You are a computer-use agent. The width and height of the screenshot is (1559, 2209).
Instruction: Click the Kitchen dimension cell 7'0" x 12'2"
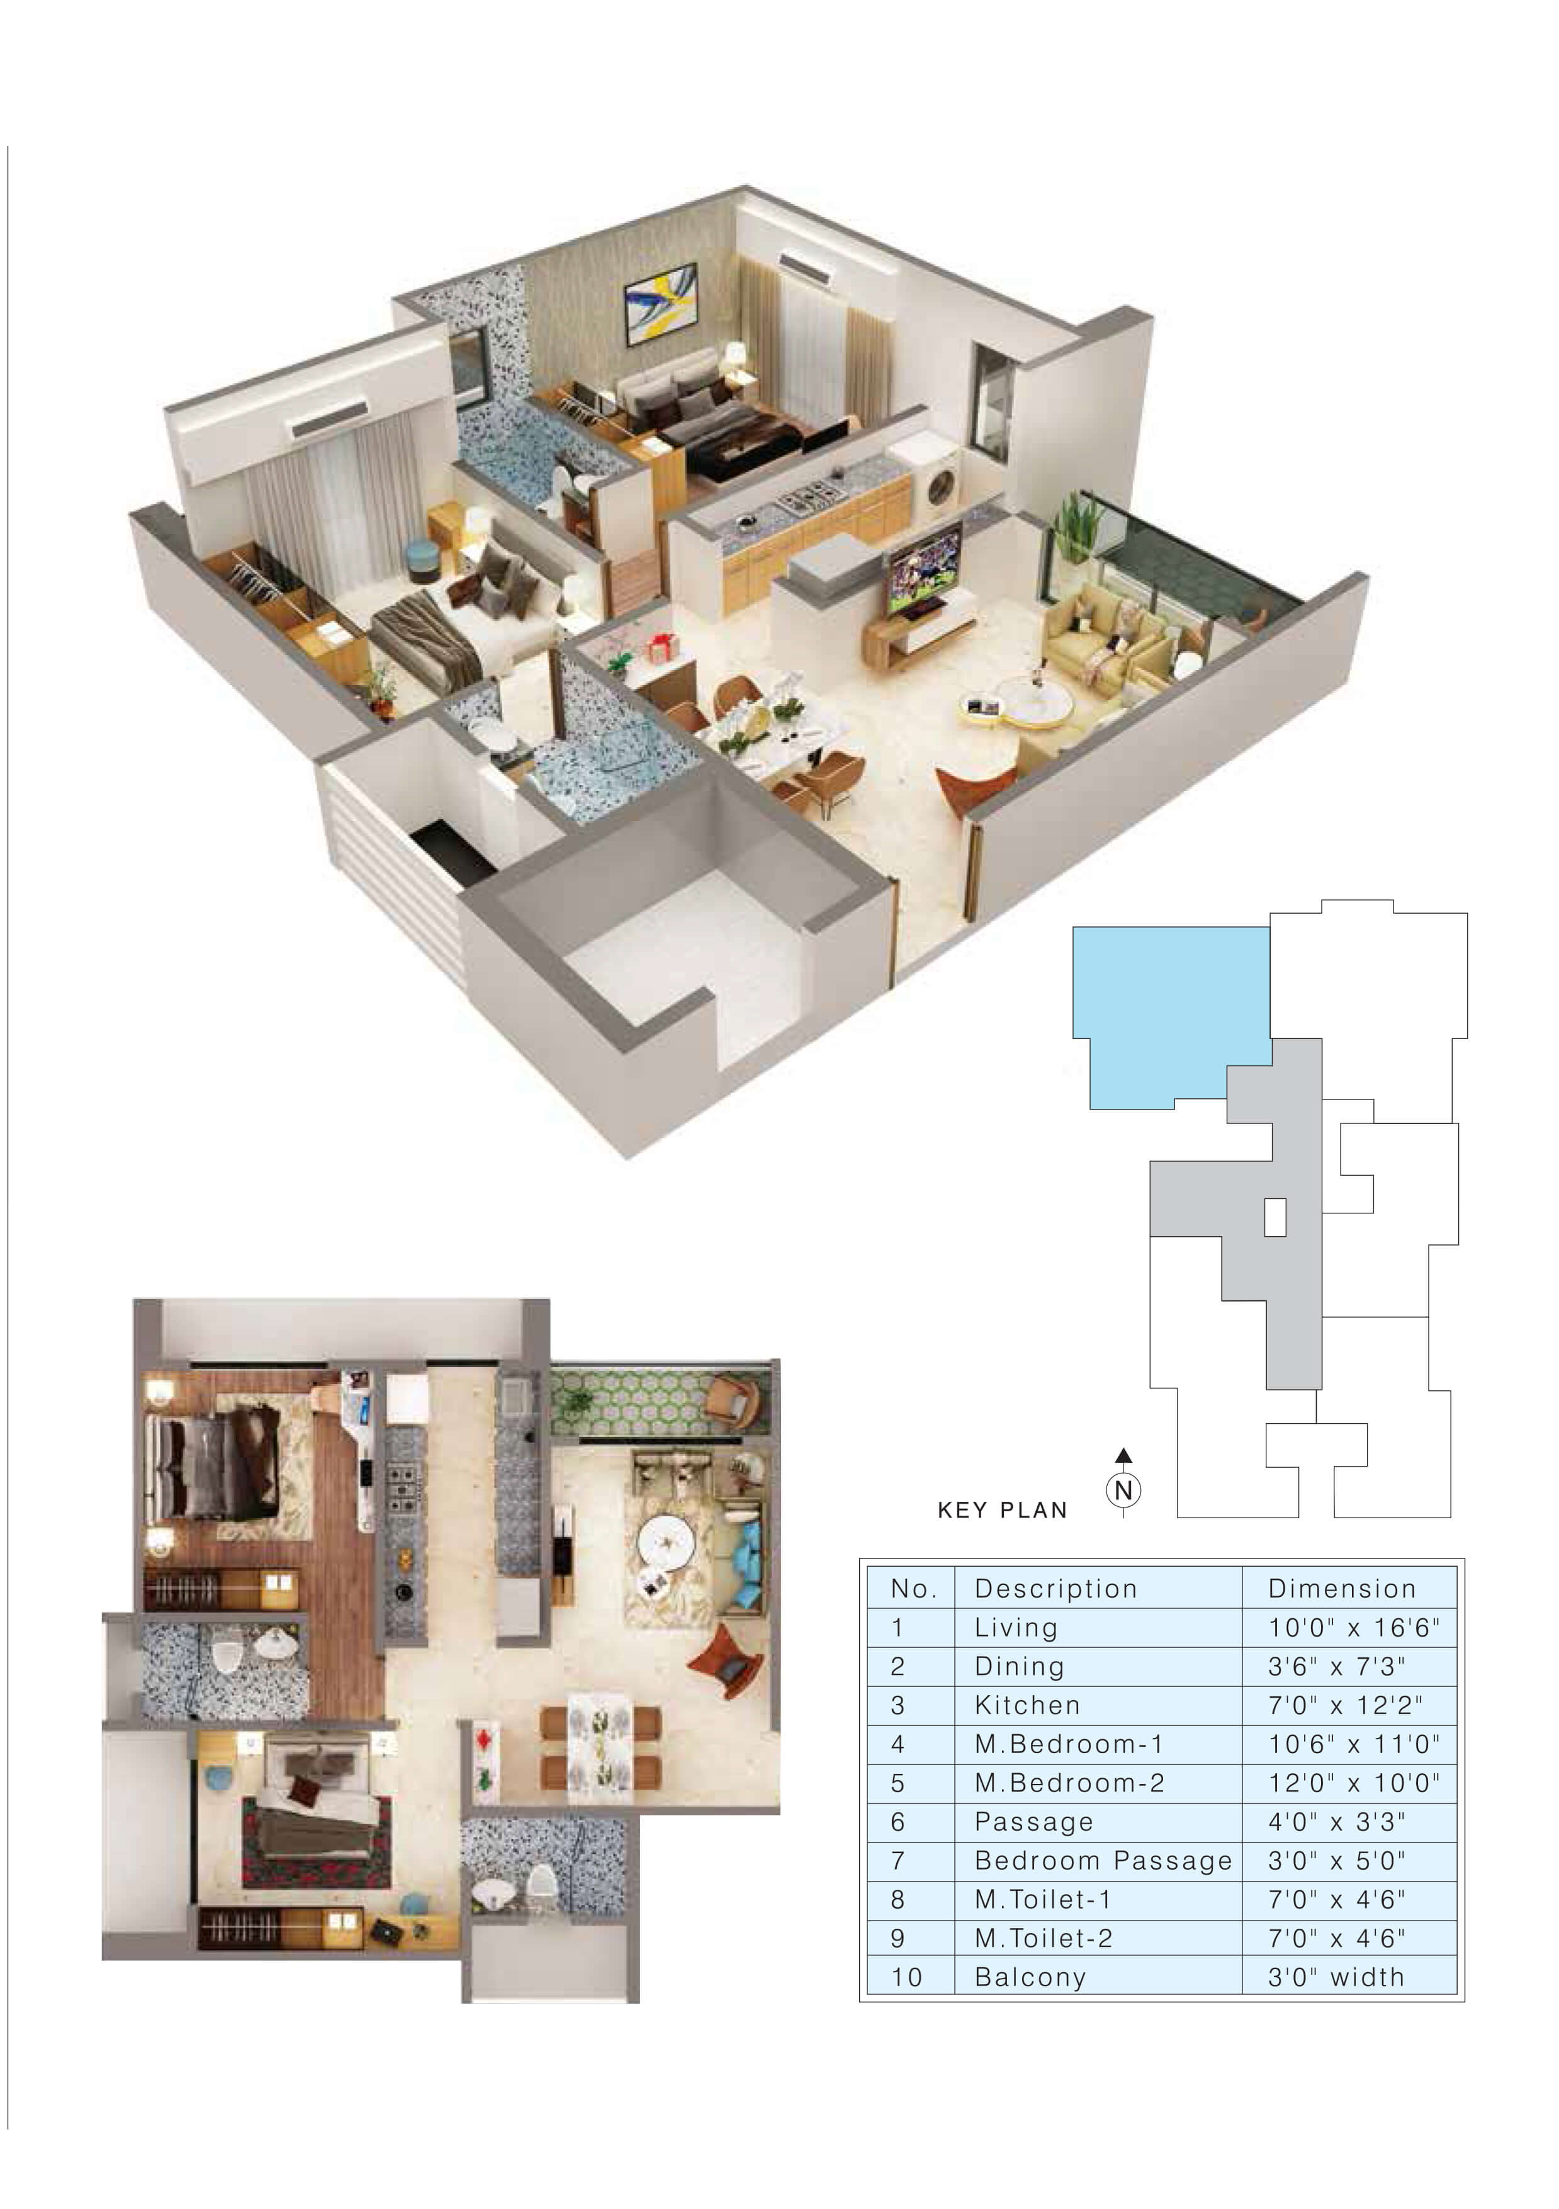(x=1344, y=1705)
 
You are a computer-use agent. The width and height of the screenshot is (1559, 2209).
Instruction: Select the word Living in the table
(x=1016, y=1627)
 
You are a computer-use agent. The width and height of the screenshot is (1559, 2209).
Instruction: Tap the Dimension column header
(x=1342, y=1589)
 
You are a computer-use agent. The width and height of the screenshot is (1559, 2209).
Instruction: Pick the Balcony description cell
(x=1030, y=1977)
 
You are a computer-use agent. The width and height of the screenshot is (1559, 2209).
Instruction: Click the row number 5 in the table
(x=898, y=1783)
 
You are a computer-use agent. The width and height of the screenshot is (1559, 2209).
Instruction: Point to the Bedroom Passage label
(x=1103, y=1861)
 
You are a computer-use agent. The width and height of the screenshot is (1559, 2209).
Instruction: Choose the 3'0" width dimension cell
(x=1336, y=1977)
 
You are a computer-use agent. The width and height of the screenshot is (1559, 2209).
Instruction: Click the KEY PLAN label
(x=1002, y=1511)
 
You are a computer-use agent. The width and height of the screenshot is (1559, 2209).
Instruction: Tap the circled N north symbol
(x=1123, y=1491)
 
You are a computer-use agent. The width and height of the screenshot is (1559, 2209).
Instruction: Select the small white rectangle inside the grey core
(x=1275, y=1217)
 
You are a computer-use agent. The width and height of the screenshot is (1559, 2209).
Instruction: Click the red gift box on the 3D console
(x=659, y=649)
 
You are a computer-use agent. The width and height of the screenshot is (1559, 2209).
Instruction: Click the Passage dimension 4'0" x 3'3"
(x=1336, y=1821)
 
